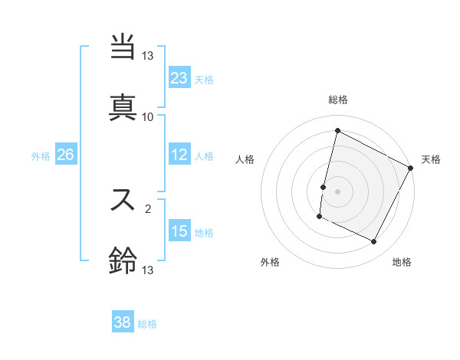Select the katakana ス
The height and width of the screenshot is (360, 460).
(123, 201)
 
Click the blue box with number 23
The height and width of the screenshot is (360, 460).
(179, 77)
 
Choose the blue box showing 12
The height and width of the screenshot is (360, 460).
(179, 155)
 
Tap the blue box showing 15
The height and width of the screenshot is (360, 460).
(179, 231)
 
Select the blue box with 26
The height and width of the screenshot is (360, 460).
(65, 155)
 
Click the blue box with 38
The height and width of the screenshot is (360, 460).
(123, 322)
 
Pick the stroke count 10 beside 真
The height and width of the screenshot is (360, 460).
(148, 117)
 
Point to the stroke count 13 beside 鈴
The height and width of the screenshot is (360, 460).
(148, 270)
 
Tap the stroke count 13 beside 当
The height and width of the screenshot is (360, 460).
(148, 56)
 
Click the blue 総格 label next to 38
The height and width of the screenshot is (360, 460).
(147, 324)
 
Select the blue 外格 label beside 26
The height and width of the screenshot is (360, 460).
(41, 156)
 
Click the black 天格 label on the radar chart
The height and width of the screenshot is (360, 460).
(431, 159)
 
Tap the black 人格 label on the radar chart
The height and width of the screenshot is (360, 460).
(245, 159)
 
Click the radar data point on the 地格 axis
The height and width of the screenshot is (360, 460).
(374, 242)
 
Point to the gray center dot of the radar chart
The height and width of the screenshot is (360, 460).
(337, 191)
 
